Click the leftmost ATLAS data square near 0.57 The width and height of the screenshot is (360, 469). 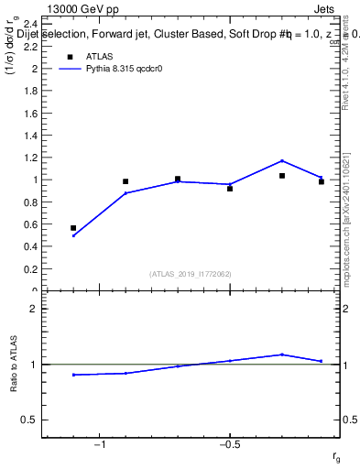tap(73, 228)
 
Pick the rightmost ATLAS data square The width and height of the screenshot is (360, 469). tap(322, 181)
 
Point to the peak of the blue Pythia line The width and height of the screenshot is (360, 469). tap(282, 160)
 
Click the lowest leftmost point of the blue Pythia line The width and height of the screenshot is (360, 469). tap(73, 235)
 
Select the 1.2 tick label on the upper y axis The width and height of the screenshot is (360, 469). tap(30, 158)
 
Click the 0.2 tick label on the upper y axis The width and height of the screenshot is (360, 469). tap(30, 268)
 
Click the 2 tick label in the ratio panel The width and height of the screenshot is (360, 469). tap(33, 309)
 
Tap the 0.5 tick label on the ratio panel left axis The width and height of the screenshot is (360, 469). tap(29, 420)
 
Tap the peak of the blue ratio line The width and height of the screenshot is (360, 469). tap(282, 354)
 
